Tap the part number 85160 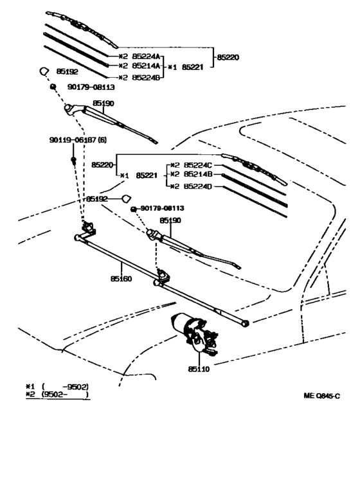click(x=121, y=279)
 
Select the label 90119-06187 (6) click(x=78, y=139)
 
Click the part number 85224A click(x=146, y=57)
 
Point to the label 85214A click(x=146, y=66)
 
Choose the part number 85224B click(x=146, y=77)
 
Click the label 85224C click(x=198, y=165)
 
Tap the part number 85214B click(x=198, y=174)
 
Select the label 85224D click(x=198, y=186)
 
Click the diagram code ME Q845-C click(x=322, y=396)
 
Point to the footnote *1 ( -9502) click(x=57, y=387)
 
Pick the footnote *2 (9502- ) click(x=57, y=394)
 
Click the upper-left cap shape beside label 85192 click(x=44, y=71)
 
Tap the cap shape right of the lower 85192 click(x=127, y=198)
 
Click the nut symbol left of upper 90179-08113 click(x=53, y=86)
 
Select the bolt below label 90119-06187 click(x=73, y=161)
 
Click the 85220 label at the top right click(x=228, y=57)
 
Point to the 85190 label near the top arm click(x=103, y=103)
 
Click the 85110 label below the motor click(x=199, y=369)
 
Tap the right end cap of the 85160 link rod click(x=246, y=323)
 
